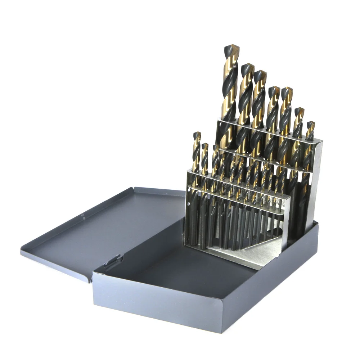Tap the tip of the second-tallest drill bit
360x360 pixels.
[248, 65]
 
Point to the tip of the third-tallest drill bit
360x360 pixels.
[260, 72]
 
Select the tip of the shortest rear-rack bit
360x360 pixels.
[310, 123]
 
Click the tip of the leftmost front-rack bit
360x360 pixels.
[197, 133]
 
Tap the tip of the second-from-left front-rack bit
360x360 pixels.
[204, 144]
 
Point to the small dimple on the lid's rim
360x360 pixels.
[83, 216]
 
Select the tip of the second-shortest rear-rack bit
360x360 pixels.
[299, 109]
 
